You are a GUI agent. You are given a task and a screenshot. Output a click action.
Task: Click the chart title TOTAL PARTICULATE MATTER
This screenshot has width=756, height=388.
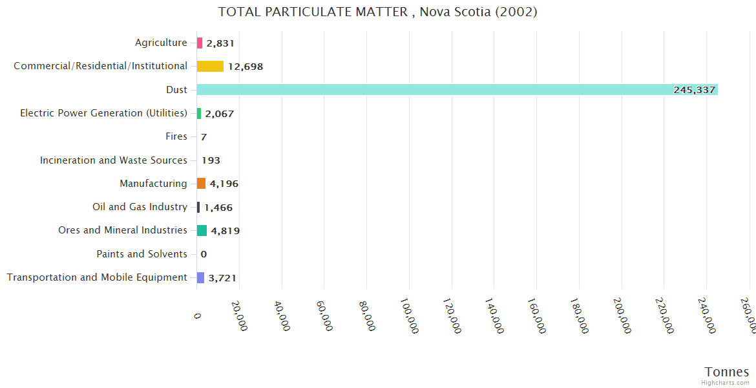[377, 12]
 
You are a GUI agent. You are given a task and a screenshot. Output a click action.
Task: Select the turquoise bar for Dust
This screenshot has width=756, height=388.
[457, 90]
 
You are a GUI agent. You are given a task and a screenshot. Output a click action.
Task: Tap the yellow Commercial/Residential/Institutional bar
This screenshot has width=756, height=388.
[210, 66]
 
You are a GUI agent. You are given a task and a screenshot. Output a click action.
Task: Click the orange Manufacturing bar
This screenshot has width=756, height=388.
[201, 184]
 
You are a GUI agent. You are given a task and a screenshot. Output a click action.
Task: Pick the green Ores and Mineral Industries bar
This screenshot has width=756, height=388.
[202, 231]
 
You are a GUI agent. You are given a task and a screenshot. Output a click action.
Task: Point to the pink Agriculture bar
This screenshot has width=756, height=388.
[200, 43]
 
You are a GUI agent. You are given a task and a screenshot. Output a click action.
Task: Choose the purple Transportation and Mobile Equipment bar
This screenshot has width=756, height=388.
[200, 277]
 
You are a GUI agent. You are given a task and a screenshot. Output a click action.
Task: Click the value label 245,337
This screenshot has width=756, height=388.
[694, 90]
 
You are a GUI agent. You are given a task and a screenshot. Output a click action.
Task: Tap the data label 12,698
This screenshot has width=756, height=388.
[245, 67]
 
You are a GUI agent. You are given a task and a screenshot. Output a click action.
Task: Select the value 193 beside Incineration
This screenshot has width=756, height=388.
[211, 160]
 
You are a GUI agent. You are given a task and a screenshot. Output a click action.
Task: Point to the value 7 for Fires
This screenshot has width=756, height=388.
[204, 137]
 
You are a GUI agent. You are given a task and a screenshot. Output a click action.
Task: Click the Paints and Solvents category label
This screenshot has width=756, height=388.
[142, 254]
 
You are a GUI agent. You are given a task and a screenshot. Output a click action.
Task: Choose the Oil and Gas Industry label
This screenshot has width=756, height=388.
[140, 207]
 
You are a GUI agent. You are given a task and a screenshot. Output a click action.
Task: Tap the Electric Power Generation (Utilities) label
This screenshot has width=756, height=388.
[103, 113]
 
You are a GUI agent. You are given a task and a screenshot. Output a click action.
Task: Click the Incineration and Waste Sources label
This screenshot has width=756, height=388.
[113, 160]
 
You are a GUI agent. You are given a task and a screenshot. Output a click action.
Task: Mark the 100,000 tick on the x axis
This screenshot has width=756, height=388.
[410, 316]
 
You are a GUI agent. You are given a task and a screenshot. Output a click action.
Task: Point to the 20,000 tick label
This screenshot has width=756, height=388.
[239, 315]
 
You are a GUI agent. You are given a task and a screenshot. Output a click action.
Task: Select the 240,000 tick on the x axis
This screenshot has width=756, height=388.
[707, 316]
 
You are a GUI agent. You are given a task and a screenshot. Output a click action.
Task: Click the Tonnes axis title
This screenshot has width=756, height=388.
[726, 372]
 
